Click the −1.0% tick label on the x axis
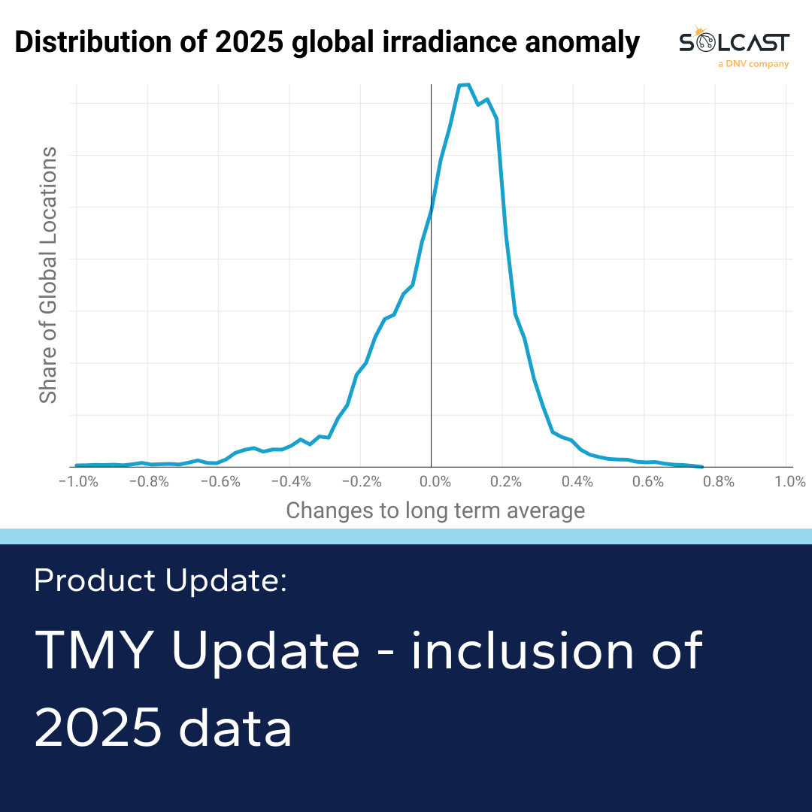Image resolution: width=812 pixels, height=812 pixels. [78, 482]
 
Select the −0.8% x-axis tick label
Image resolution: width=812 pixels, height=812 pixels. [149, 482]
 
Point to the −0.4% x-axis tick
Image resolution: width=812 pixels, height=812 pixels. [290, 482]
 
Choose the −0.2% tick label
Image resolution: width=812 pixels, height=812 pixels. [361, 482]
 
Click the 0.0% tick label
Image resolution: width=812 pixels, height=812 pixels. [432, 482]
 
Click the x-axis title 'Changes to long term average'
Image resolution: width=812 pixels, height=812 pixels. [435, 511]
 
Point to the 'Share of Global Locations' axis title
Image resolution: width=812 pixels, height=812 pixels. [48, 275]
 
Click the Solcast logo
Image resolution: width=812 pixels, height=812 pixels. [734, 42]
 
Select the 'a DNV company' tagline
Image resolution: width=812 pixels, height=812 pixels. [753, 65]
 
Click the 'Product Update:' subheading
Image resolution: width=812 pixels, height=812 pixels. [160, 580]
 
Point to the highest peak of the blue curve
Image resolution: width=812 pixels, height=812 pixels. [465, 84]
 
